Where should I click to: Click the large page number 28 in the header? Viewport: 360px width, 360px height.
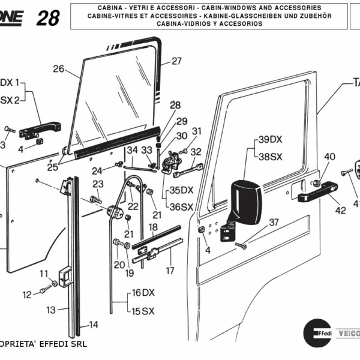click(48, 18)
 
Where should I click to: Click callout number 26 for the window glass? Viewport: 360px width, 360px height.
click(58, 69)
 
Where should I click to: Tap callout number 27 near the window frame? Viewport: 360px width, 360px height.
click(176, 61)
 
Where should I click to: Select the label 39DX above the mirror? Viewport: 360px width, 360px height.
click(270, 140)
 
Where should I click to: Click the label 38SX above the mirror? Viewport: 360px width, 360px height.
click(270, 156)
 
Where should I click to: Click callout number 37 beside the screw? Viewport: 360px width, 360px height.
click(274, 223)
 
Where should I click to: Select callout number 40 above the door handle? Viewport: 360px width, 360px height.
click(329, 157)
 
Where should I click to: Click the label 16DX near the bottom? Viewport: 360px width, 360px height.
click(143, 293)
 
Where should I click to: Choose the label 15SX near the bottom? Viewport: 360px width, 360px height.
click(143, 311)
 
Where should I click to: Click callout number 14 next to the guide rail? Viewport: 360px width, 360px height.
click(94, 325)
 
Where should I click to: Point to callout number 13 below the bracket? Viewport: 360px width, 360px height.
click(51, 310)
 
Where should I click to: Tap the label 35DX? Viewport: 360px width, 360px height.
click(181, 190)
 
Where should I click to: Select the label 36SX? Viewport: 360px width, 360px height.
click(181, 207)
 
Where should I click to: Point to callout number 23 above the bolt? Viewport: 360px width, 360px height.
click(97, 184)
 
